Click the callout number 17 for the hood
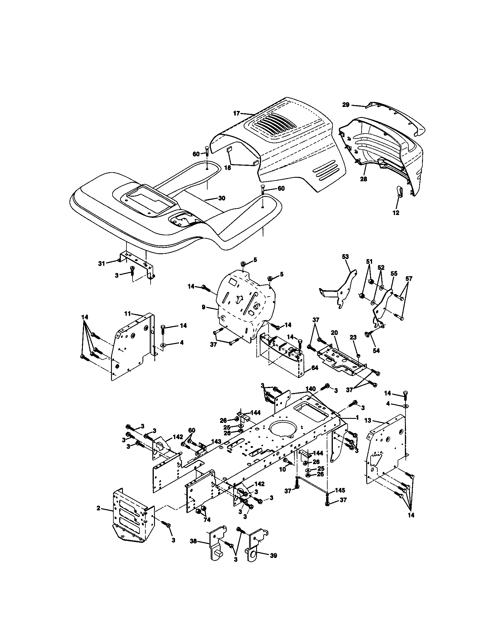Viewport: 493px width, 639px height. [237, 113]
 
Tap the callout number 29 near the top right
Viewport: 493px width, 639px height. [346, 105]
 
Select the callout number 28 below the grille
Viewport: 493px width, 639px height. [363, 179]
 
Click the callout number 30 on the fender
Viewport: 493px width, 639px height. [222, 198]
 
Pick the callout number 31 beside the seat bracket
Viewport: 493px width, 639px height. [101, 264]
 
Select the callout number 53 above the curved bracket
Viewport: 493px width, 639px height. [345, 256]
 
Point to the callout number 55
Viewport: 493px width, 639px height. [394, 274]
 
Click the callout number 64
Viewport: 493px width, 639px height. [314, 368]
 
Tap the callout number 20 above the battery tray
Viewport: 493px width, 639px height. [334, 333]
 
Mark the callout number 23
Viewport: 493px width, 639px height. [353, 337]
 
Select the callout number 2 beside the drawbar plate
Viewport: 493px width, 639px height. [99, 509]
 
